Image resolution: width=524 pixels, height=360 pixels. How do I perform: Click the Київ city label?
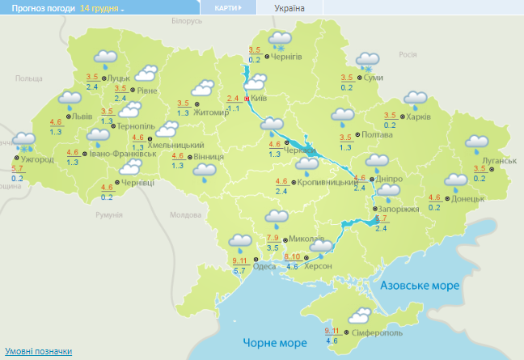(260, 97)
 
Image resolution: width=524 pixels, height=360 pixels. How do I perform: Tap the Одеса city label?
(264, 266)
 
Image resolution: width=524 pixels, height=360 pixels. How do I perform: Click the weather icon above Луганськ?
(477, 143)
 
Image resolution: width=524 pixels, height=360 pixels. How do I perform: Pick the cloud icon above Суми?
(368, 61)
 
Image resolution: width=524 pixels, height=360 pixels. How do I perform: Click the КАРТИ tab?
(227, 7)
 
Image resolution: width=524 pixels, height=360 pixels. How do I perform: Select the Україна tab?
(289, 7)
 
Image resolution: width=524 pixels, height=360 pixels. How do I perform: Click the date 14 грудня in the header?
(99, 7)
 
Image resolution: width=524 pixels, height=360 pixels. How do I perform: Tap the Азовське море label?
(419, 286)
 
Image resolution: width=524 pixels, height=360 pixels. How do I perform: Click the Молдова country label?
(184, 214)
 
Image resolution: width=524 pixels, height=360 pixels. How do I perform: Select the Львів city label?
(82, 116)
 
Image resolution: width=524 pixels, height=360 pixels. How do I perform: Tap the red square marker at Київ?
(247, 99)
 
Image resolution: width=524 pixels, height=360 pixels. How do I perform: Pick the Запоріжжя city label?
(399, 209)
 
